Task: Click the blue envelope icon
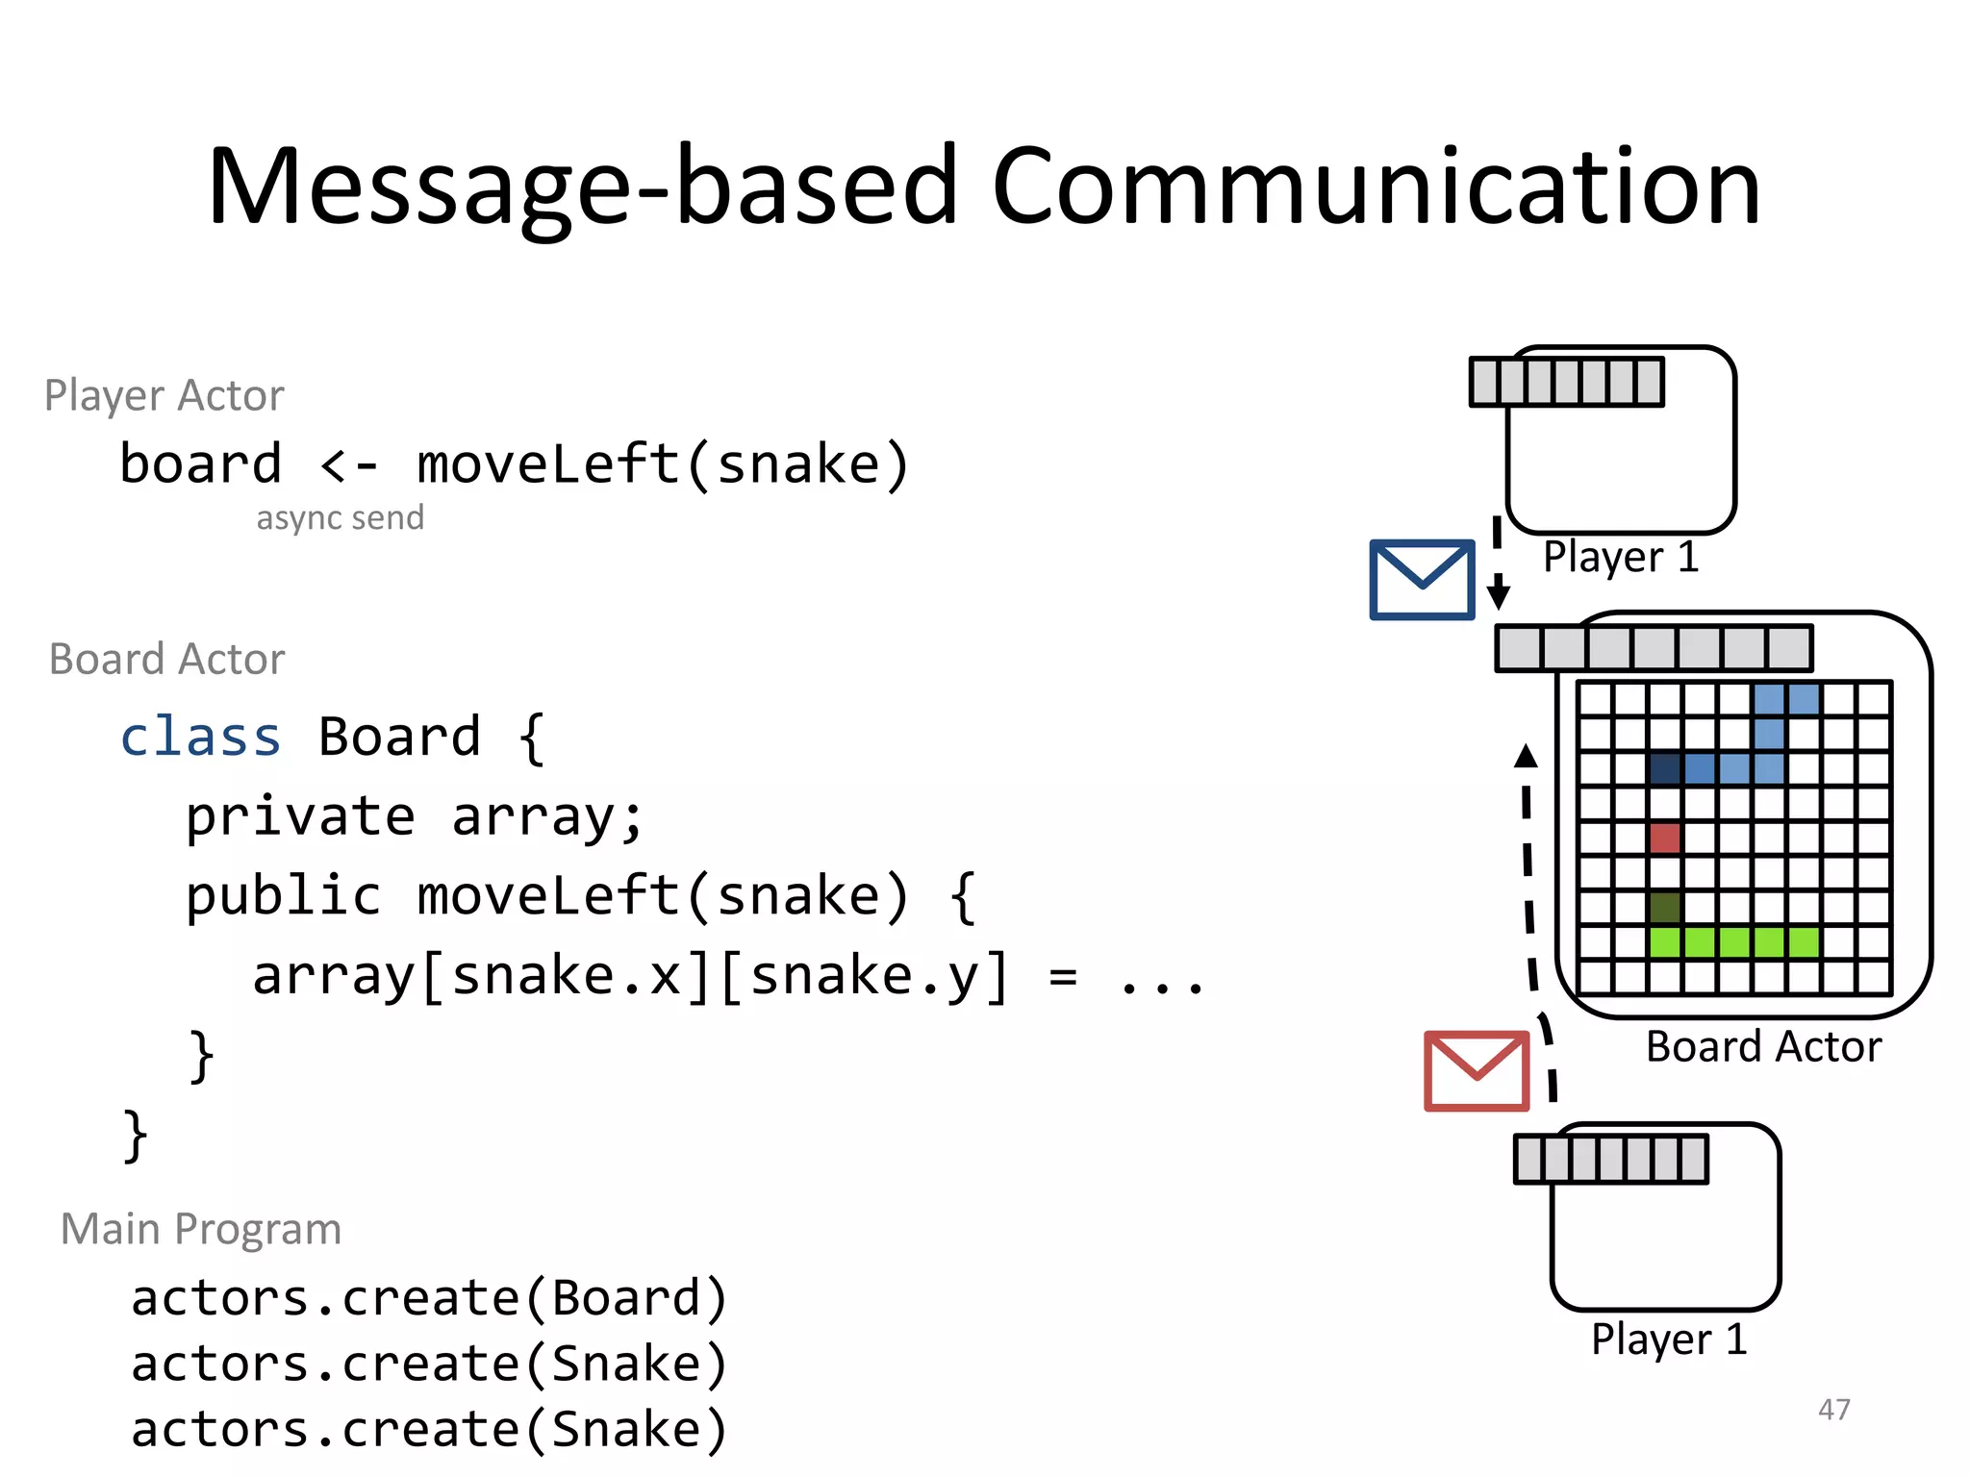point(1421,580)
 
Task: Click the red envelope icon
point(1476,1071)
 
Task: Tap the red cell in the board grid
point(1664,838)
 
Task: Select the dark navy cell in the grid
point(1664,768)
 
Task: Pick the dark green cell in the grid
point(1664,907)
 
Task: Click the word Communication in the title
point(1376,187)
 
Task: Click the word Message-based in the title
point(583,187)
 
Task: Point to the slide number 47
point(1833,1410)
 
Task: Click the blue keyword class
point(200,738)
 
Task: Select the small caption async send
point(340,518)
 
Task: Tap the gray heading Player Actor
point(164,396)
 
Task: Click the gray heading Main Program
point(201,1229)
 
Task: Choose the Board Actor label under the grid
point(1763,1047)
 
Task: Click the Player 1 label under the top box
point(1621,557)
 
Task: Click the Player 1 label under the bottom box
point(1668,1339)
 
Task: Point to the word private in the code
point(300,817)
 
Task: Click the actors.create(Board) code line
point(429,1298)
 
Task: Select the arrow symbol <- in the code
point(348,465)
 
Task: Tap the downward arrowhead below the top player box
point(1498,595)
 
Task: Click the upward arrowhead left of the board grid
point(1526,756)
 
